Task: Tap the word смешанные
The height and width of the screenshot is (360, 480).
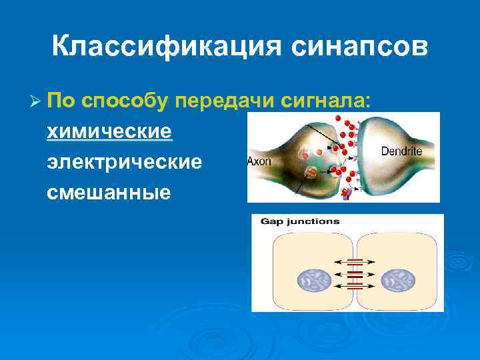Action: coord(109,192)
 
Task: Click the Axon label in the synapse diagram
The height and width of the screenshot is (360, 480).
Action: coord(259,161)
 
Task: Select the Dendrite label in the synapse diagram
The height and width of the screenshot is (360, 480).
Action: coord(401,151)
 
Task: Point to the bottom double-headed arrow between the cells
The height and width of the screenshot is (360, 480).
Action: coord(354,285)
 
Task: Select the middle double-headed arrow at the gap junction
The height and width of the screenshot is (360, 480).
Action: coord(354,274)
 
